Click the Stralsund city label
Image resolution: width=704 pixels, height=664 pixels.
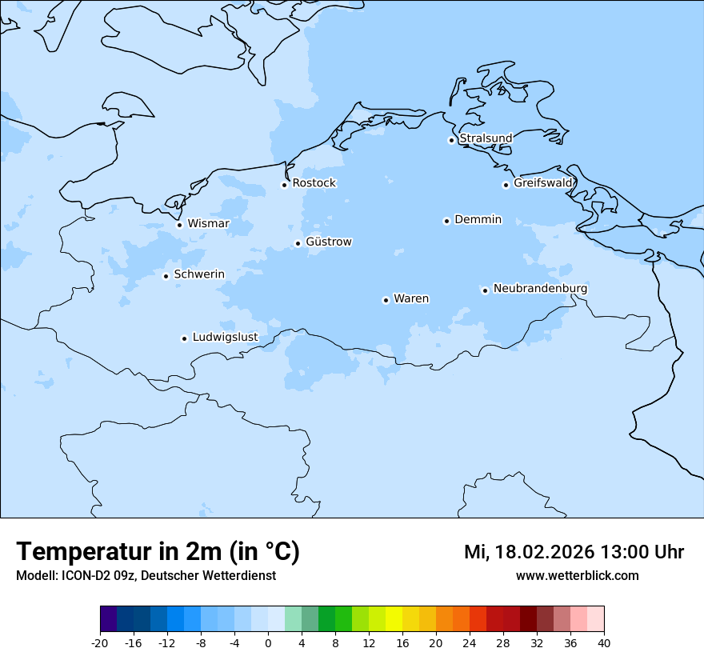click(486, 138)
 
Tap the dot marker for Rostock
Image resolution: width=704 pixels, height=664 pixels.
click(284, 185)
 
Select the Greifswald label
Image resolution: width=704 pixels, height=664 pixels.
click(543, 183)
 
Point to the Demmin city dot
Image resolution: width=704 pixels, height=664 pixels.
click(446, 221)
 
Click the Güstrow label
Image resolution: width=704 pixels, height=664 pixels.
click(329, 242)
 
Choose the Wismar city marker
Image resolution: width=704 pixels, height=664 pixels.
click(179, 225)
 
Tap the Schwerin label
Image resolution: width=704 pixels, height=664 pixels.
click(199, 274)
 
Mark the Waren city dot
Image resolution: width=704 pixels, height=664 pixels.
click(386, 300)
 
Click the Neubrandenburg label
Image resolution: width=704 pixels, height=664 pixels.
click(540, 288)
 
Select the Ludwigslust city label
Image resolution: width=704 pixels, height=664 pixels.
click(225, 337)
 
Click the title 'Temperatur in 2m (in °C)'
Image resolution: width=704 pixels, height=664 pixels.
click(158, 551)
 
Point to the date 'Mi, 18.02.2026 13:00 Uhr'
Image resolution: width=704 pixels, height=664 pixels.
click(574, 552)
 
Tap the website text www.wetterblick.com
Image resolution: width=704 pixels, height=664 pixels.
click(577, 575)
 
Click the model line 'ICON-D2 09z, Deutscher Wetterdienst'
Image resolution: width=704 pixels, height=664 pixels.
click(146, 575)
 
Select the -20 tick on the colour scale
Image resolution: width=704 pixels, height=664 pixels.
click(100, 642)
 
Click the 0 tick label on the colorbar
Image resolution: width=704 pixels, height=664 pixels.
click(268, 642)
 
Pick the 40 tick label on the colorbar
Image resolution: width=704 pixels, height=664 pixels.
click(603, 642)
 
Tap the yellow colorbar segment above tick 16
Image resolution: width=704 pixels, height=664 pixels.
click(394, 619)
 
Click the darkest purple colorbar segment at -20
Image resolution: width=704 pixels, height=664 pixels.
click(108, 619)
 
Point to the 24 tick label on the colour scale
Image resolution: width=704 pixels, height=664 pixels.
click(470, 642)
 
